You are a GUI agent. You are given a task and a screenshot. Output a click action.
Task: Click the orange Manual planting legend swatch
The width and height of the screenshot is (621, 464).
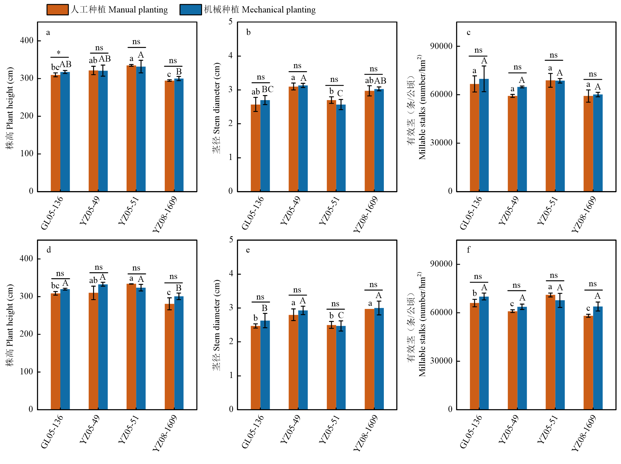click(x=57, y=9)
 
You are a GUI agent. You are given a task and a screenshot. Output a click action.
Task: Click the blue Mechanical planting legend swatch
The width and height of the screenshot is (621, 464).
click(x=190, y=9)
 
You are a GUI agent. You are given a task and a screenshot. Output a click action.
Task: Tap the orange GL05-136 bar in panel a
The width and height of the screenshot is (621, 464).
click(x=55, y=133)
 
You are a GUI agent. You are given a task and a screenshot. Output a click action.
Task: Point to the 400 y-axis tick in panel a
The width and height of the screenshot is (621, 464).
click(x=27, y=40)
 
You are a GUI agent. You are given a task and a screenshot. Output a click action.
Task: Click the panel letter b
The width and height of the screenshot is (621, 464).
click(x=248, y=32)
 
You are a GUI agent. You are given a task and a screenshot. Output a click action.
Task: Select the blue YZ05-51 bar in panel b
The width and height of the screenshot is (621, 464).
click(x=341, y=148)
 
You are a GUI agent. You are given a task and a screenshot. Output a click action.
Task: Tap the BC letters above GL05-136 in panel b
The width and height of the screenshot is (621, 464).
click(x=268, y=89)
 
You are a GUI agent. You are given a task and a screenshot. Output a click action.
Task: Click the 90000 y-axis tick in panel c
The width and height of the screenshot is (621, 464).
click(x=441, y=46)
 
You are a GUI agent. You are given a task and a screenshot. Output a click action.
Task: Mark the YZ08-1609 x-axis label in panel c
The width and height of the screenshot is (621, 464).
click(x=583, y=214)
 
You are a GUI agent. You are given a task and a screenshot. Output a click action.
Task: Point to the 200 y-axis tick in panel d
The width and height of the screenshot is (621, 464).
click(x=27, y=334)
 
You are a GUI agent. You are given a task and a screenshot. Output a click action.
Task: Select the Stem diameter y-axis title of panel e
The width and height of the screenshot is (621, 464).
click(x=216, y=325)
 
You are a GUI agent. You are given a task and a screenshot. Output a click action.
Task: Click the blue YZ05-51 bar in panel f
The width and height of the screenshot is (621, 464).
click(x=560, y=355)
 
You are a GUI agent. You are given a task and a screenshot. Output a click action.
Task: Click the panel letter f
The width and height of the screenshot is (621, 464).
click(x=468, y=250)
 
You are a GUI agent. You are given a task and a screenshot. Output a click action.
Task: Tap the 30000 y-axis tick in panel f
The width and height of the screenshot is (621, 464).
click(x=441, y=361)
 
